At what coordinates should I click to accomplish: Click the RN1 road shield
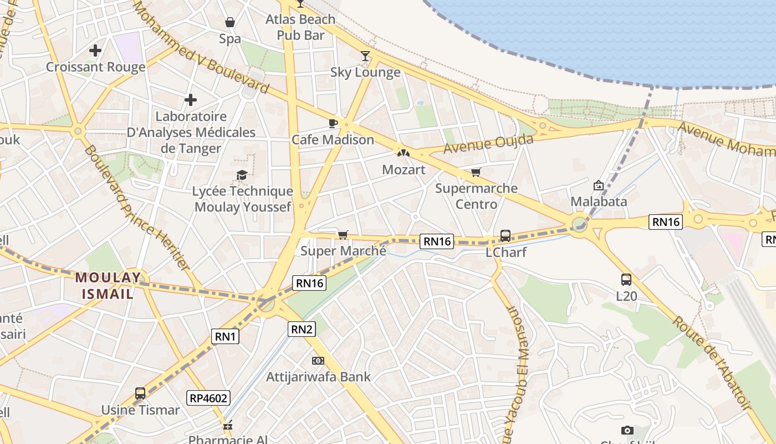(226, 336)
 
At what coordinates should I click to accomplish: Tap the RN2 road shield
(302, 329)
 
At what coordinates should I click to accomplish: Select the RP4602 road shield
(208, 397)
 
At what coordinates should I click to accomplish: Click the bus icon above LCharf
(506, 236)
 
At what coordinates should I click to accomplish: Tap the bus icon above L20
(626, 280)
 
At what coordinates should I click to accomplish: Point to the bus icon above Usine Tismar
(140, 393)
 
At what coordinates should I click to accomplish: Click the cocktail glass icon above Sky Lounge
(365, 56)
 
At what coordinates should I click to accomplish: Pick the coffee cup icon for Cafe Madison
(333, 123)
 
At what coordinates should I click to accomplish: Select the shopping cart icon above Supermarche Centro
(476, 172)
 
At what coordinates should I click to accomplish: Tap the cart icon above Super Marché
(343, 235)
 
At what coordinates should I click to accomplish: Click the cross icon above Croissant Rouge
(95, 51)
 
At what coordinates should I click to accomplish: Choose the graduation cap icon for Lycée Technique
(242, 175)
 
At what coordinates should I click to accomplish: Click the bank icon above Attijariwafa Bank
(318, 361)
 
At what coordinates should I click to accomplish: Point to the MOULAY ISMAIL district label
(108, 285)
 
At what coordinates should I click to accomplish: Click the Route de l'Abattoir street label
(712, 363)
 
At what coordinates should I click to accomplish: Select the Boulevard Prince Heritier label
(137, 208)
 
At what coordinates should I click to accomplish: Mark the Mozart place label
(404, 170)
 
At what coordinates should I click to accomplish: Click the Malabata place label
(599, 201)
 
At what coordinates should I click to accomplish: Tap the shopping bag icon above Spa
(230, 22)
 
